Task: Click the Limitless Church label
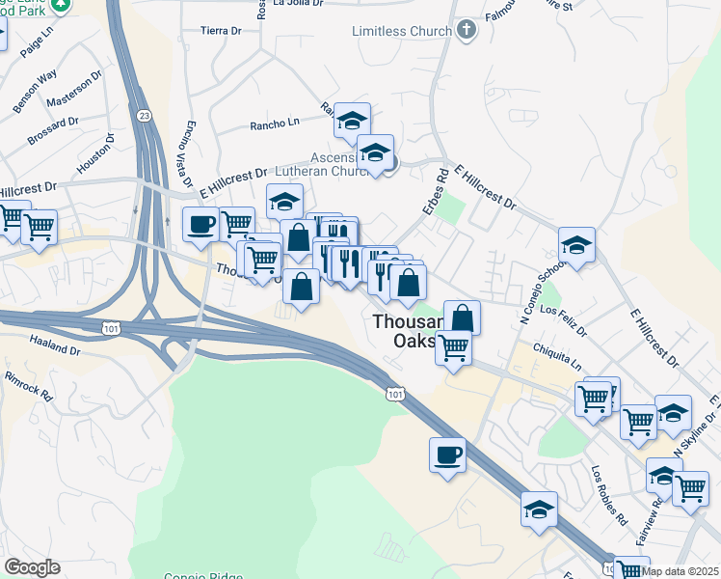click(x=402, y=31)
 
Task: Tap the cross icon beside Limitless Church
click(x=466, y=30)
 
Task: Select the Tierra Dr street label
click(x=221, y=31)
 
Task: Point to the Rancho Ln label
click(x=275, y=123)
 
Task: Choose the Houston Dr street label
click(x=95, y=152)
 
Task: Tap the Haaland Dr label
click(x=54, y=346)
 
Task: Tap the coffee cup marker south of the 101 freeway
click(x=448, y=455)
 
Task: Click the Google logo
click(x=32, y=567)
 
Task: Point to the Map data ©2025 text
click(x=681, y=571)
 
